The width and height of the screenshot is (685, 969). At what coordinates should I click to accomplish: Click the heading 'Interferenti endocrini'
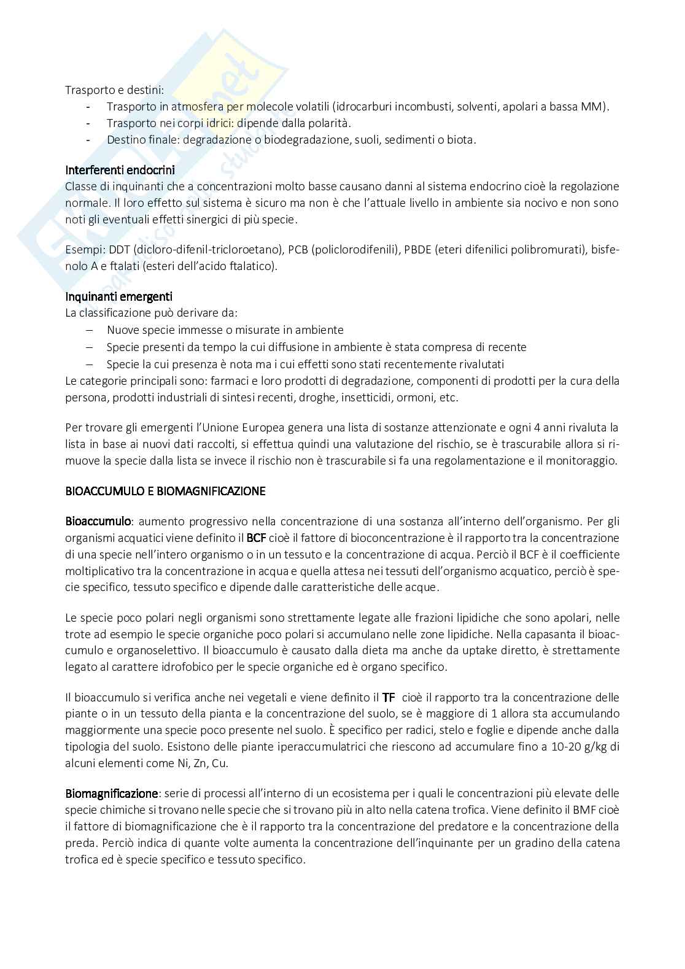(120, 170)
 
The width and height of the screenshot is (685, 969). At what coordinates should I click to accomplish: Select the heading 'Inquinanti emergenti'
(118, 296)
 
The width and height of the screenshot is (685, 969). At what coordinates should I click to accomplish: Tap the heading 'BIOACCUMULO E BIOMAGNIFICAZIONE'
(165, 491)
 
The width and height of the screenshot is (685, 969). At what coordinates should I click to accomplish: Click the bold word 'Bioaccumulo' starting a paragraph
(98, 522)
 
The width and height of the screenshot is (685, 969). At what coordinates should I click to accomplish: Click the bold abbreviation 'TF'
(389, 697)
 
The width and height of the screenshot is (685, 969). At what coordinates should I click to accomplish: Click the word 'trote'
(78, 634)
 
